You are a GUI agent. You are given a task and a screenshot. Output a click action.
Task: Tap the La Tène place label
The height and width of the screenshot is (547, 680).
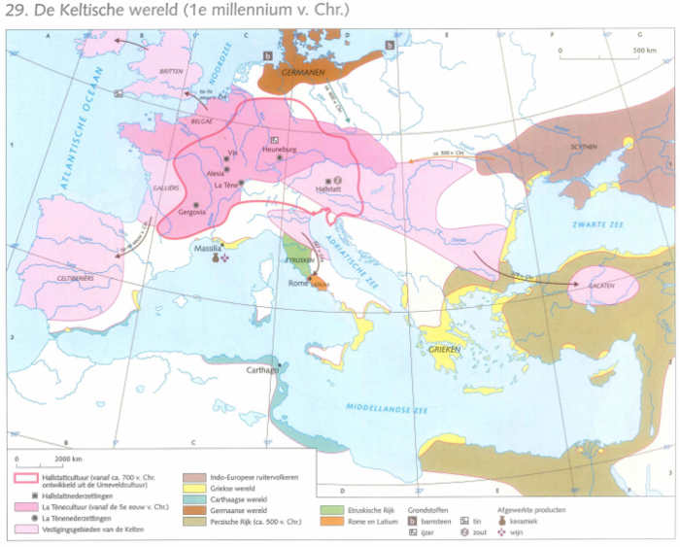(228, 185)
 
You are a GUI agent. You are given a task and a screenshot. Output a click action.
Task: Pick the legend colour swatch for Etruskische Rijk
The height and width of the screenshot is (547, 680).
(329, 510)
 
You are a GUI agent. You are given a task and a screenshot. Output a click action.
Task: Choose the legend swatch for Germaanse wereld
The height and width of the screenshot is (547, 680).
(191, 510)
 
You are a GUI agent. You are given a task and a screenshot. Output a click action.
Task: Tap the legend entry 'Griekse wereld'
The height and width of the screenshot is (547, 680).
(233, 488)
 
